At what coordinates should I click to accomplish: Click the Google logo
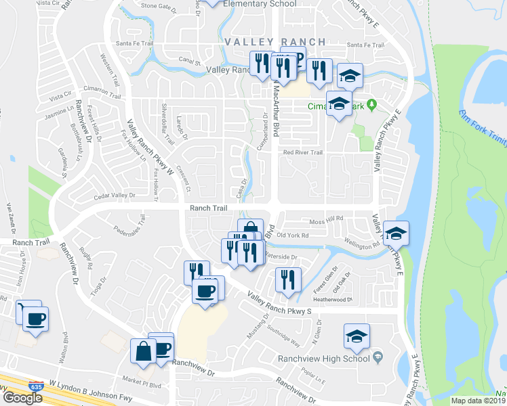pos(23,398)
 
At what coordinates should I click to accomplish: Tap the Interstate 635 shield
pos(33,385)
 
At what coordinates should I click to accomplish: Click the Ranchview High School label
pos(324,359)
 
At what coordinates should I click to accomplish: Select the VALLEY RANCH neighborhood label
pos(275,42)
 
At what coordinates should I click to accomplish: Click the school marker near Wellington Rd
pos(396,234)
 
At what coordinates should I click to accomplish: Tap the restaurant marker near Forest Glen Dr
pos(288,279)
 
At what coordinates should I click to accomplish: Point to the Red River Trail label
pos(303,153)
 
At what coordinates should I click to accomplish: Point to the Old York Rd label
pos(293,235)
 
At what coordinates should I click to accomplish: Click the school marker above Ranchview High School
pos(357,336)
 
